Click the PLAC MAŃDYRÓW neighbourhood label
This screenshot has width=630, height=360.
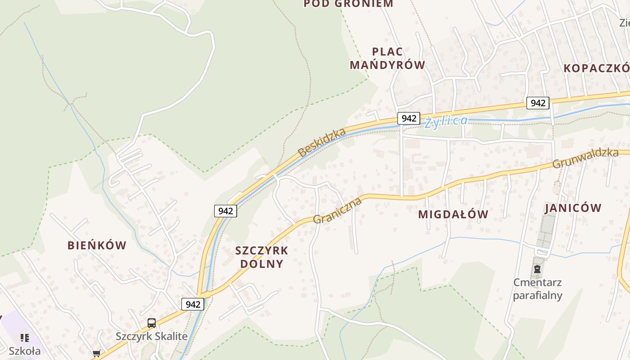click(387, 58)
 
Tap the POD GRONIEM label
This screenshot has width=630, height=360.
click(348, 4)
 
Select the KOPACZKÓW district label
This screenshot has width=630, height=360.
click(597, 68)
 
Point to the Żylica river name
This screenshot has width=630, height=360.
click(446, 121)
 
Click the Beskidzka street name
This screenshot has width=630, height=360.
click(322, 142)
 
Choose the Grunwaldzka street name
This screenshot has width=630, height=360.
click(585, 158)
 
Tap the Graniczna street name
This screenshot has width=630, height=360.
click(337, 210)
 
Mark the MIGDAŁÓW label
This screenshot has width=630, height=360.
click(453, 214)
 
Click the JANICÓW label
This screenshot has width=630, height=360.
click(573, 208)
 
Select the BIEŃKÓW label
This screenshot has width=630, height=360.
click(97, 245)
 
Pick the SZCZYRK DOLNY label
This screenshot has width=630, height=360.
click(261, 257)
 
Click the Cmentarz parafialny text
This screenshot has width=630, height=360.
click(538, 289)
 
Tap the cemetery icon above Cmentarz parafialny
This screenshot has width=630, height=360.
click(537, 270)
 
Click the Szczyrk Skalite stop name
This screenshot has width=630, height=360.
click(152, 336)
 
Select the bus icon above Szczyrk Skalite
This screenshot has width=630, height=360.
click(152, 323)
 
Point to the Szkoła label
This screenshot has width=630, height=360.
click(25, 351)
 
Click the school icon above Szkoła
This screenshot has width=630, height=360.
click(25, 337)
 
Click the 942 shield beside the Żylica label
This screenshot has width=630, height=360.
click(409, 118)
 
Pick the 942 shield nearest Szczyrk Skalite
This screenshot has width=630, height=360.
click(193, 304)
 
